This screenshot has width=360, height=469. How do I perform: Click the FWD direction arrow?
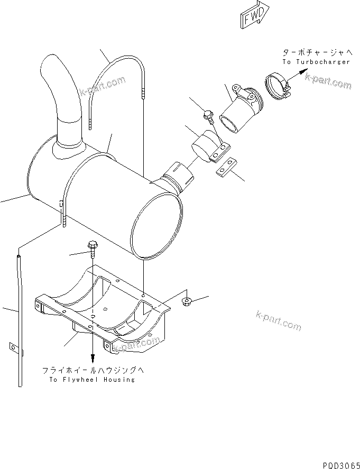pos(255,15)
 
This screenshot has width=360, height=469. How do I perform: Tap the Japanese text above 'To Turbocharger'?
pos(316,53)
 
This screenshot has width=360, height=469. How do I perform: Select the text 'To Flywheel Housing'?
pos(92,379)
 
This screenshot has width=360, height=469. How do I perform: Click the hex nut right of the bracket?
pos(186,302)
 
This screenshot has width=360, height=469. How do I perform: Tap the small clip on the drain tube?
pos(13,347)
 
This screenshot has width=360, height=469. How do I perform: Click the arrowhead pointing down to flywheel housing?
pos(93,359)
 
